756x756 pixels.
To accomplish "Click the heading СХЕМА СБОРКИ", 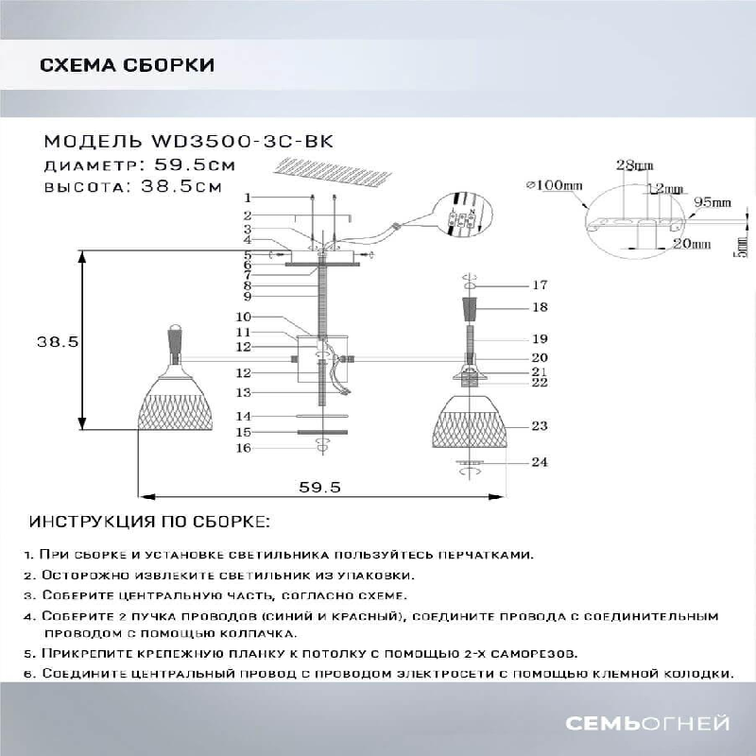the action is coord(127,65).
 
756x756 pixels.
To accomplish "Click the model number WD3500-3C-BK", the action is coord(242,142).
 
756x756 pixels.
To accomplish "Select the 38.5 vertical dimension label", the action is coord(58,341).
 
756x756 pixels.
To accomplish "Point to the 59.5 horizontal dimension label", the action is coord(319,487).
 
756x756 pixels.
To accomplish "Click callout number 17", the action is coord(540,284).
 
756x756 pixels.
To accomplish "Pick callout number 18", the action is coord(540,307).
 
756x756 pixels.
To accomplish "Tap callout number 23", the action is coord(540,426).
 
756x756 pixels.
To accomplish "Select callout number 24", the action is coord(540,462).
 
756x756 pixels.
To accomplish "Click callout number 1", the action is coord(247,198).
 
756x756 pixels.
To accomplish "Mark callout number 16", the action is coord(244,448).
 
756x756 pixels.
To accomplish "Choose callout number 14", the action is coord(244,416).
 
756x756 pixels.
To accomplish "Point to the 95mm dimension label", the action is coord(713,203).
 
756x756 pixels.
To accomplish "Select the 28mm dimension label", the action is coord(632,165).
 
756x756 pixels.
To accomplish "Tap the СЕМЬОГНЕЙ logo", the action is coord(647,724).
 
